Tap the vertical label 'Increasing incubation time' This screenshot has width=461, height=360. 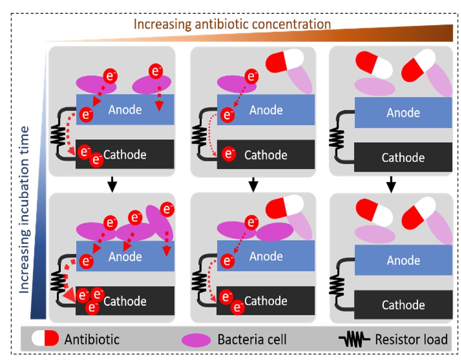pyautogui.click(x=24, y=210)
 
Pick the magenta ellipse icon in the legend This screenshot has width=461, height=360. pyautogui.click(x=196, y=340)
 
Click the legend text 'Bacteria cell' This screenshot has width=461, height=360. pyautogui.click(x=252, y=339)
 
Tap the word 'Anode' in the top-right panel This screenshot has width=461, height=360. pyautogui.click(x=403, y=113)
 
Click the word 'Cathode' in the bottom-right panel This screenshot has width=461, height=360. pyautogui.click(x=403, y=305)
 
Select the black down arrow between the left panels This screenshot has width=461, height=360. pyautogui.click(x=112, y=184)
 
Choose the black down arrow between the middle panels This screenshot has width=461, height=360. pyautogui.click(x=253, y=184)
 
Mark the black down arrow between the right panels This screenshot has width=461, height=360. pyautogui.click(x=391, y=184)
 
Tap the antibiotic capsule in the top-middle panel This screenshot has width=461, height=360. pyautogui.click(x=285, y=61)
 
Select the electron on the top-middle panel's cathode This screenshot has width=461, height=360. pyautogui.click(x=229, y=154)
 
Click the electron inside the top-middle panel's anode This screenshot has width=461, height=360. pyautogui.click(x=227, y=115)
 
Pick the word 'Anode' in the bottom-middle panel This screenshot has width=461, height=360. pyautogui.click(x=266, y=256)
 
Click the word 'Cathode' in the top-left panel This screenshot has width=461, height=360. pyautogui.click(x=125, y=155)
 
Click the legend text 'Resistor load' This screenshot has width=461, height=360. pyautogui.click(x=411, y=339)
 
